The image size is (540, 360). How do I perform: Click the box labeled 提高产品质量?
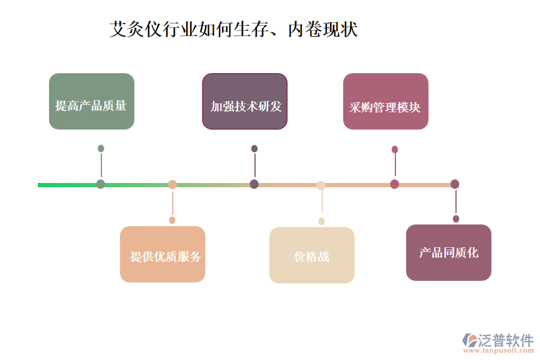point(91,101)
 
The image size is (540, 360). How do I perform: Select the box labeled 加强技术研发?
point(244,101)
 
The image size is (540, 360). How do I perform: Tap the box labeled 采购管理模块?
point(385,101)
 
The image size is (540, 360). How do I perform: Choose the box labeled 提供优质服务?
point(163,254)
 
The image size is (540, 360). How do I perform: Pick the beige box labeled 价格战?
point(311,255)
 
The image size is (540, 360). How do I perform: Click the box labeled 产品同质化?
point(448,253)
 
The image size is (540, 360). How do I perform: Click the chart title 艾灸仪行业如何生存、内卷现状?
point(233,29)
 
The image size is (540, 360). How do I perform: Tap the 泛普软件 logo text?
point(506,340)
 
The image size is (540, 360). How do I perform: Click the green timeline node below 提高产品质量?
point(101,184)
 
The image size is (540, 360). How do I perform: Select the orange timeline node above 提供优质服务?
point(172,184)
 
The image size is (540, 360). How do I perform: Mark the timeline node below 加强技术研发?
point(254,184)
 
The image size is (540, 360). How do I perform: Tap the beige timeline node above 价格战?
point(321,185)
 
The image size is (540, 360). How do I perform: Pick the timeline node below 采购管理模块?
point(394,184)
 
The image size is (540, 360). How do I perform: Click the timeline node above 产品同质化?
point(455,184)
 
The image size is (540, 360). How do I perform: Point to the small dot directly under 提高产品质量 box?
point(101,148)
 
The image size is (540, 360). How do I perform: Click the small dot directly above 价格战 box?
point(322,221)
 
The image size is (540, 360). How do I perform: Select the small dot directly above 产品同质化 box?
point(456,219)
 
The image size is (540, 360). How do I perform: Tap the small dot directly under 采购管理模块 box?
point(395,149)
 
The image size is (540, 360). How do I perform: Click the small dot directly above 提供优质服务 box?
point(172,220)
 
